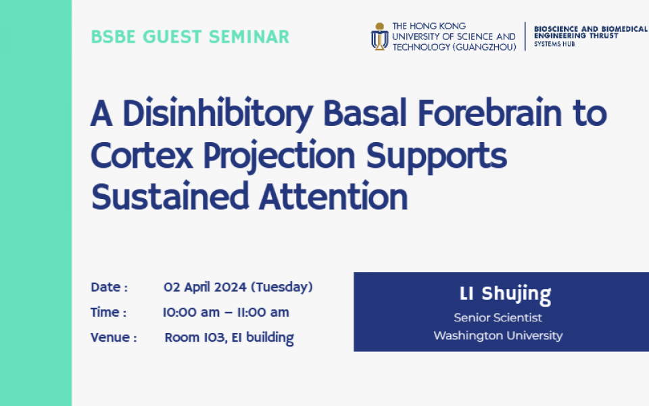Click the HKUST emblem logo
379,37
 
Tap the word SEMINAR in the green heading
249,37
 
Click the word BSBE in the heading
113,37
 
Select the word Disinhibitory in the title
218,114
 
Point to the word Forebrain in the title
489,113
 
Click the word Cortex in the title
141,156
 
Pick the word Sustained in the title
170,196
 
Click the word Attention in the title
333,196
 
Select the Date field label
110,287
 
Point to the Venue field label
114,338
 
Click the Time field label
108,313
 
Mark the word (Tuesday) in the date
282,288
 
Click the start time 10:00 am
191,313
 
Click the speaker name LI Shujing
506,294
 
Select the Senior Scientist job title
498,318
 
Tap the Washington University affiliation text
498,336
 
